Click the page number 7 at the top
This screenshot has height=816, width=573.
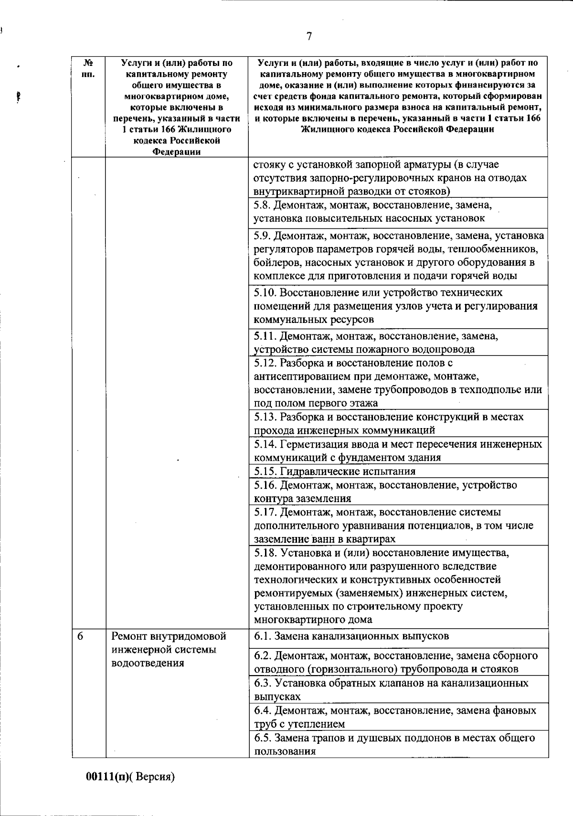(309, 36)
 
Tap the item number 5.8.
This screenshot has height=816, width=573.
(262, 205)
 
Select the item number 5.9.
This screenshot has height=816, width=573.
(262, 236)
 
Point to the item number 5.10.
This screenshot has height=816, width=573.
(265, 292)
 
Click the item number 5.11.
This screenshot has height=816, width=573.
(265, 336)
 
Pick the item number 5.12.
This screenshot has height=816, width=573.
(265, 363)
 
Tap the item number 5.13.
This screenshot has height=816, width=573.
(265, 417)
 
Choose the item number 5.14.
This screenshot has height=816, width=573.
(265, 444)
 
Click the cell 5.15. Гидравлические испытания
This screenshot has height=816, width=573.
(334, 472)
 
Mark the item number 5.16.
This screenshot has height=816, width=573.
(265, 485)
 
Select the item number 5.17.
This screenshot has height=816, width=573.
(265, 513)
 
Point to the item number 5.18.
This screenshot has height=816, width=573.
(265, 553)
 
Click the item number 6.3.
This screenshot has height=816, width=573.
(262, 683)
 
